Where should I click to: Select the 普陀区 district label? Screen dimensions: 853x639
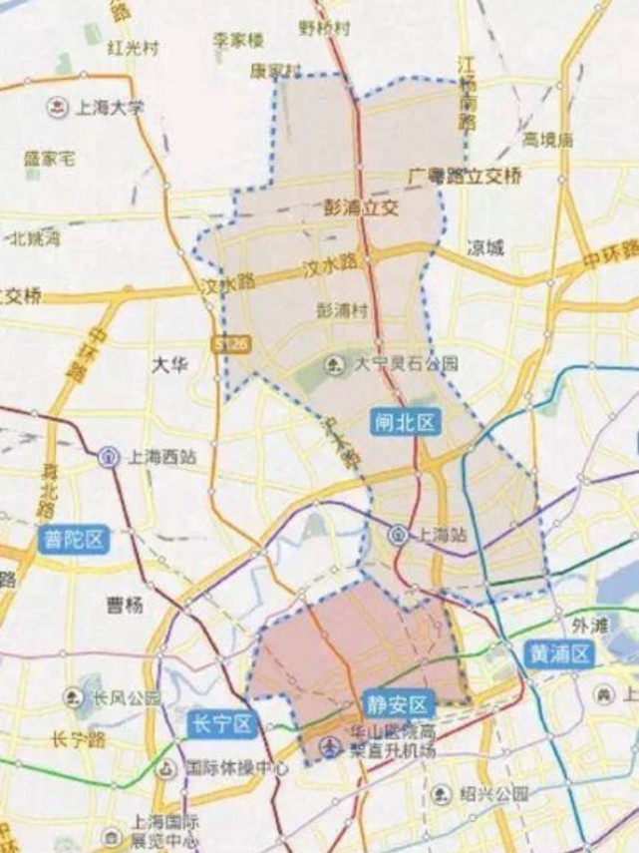coord(74,541)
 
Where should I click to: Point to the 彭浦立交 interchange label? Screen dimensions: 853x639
coord(361,208)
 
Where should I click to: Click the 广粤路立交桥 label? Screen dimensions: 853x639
coord(465,177)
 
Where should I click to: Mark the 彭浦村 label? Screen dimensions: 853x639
coord(342,310)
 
